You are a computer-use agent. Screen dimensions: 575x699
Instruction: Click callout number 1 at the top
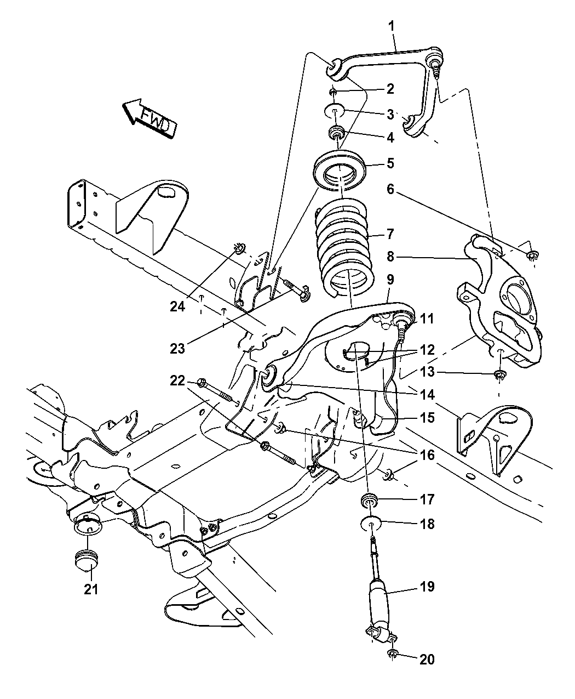391,26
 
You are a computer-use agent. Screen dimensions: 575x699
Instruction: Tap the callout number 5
390,163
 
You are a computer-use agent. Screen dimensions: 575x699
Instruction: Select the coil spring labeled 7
345,248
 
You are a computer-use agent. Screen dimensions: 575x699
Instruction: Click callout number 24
177,306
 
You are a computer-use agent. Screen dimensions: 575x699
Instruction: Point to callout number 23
177,349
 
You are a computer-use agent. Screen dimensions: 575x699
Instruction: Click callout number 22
177,380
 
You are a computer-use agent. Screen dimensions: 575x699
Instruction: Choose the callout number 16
427,455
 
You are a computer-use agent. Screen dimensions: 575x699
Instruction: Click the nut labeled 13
500,374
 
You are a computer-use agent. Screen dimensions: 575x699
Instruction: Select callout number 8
390,257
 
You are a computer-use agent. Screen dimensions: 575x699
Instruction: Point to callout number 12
427,350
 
